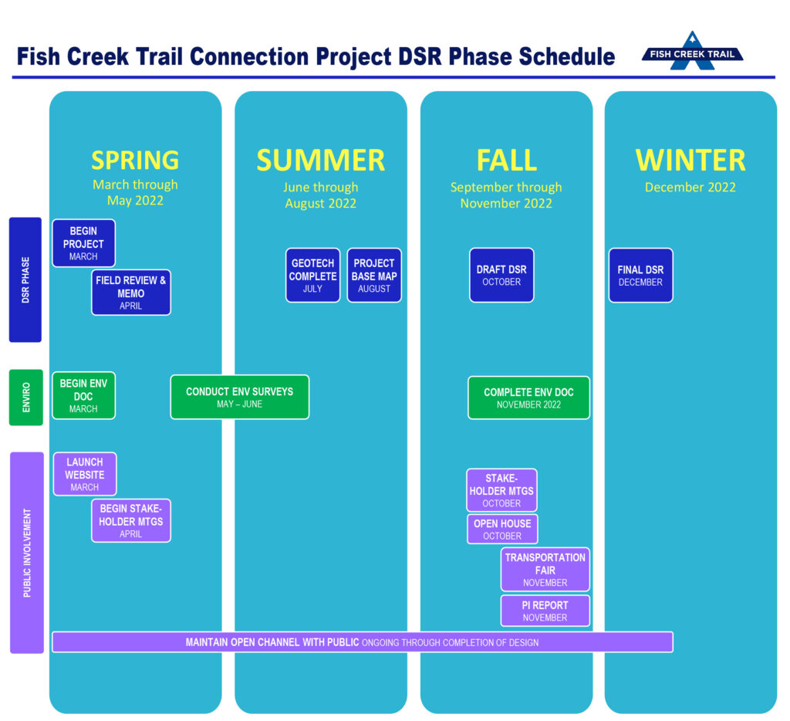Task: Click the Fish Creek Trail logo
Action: tap(692, 52)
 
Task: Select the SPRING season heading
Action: tap(135, 161)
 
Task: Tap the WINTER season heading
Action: tap(690, 161)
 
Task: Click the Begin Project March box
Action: tap(83, 243)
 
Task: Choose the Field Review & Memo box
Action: tap(131, 293)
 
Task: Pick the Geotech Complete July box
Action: tap(313, 276)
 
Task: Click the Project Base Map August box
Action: tap(374, 276)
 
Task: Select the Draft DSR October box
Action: tap(501, 276)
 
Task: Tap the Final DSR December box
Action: tap(641, 276)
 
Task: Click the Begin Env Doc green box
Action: tap(83, 396)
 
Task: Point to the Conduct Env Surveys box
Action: tap(240, 398)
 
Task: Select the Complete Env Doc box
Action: tap(529, 398)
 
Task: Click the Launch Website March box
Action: tap(85, 474)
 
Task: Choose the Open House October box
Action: tap(502, 529)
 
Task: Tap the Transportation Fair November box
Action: tap(545, 569)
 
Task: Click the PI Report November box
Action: tap(545, 611)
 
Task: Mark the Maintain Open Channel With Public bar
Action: tap(363, 641)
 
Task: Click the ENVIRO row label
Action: tap(25, 398)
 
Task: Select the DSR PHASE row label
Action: tap(25, 279)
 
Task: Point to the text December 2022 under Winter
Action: tap(690, 188)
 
